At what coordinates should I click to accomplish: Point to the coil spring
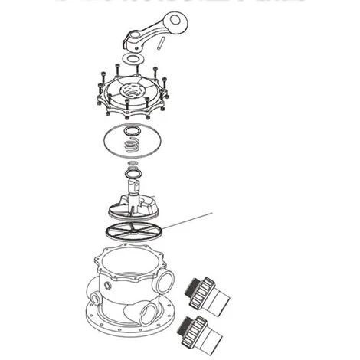(132, 142)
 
